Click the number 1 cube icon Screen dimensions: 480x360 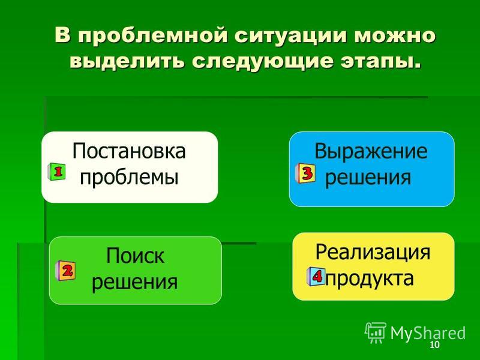pos(56,172)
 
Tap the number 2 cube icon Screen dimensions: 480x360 pos(65,271)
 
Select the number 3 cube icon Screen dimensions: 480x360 pos(305,173)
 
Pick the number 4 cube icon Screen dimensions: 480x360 pos(316,277)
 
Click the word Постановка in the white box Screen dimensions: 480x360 pos(129,151)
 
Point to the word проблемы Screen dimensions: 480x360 pos(129,178)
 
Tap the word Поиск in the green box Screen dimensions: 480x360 pos(135,256)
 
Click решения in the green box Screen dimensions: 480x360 pos(134,282)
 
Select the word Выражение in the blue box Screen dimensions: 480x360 pos(371,151)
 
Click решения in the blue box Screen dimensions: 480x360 pos(368,178)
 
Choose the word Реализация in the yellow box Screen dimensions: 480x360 pos(373,252)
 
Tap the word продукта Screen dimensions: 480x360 pos(370,278)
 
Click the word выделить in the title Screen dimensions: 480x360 pos(127,61)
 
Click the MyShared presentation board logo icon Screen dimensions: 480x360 pos(376,333)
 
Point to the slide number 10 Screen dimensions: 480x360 pos(434,344)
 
